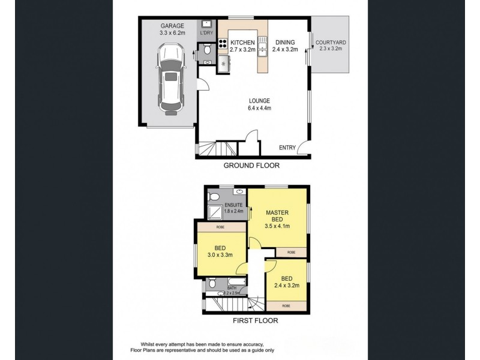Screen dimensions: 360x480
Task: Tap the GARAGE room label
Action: pos(172,26)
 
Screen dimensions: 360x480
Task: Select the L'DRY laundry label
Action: pos(207,32)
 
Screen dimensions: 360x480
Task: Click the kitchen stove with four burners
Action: pos(223,43)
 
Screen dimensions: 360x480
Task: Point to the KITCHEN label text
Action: pos(243,43)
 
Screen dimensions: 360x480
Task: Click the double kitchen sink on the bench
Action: pos(263,47)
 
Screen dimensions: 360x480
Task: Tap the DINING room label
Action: pos(284,43)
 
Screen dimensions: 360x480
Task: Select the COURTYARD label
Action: pos(330,42)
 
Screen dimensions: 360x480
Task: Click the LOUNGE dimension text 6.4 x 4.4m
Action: pos(259,109)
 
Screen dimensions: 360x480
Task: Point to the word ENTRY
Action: pos(287,148)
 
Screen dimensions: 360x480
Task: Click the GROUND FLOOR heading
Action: pos(251,165)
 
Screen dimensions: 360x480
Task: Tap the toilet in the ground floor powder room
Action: pos(207,52)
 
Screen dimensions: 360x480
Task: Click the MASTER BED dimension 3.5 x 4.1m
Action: pos(278,226)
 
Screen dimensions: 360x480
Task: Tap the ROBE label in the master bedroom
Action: pos(291,252)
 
